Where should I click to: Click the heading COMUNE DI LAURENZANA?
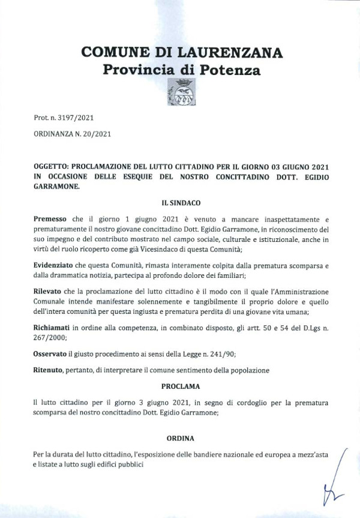[x=182, y=52]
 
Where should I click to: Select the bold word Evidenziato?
[x=55, y=265]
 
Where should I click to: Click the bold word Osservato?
[x=51, y=354]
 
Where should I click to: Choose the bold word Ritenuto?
[x=49, y=370]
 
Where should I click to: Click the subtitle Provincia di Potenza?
[x=182, y=70]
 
